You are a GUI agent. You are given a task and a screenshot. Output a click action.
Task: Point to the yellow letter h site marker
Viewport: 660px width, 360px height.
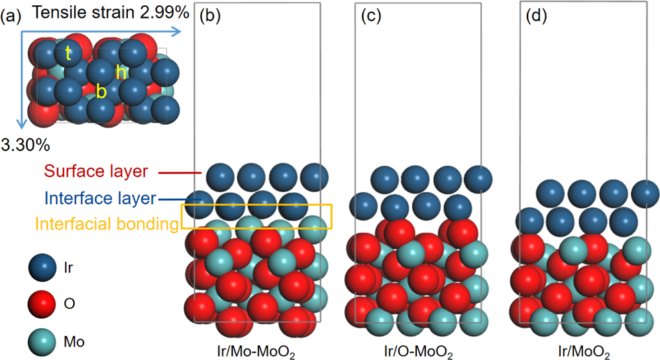coord(121,73)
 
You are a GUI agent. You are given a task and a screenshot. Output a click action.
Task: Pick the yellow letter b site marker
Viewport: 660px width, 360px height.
coord(101,91)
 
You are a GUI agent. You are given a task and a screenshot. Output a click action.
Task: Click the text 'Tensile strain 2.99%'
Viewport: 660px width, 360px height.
coord(109,12)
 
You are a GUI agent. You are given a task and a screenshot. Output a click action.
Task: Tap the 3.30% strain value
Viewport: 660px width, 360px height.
coord(25,143)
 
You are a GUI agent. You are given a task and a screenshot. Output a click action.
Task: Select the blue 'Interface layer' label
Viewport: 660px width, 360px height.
coord(101,198)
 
